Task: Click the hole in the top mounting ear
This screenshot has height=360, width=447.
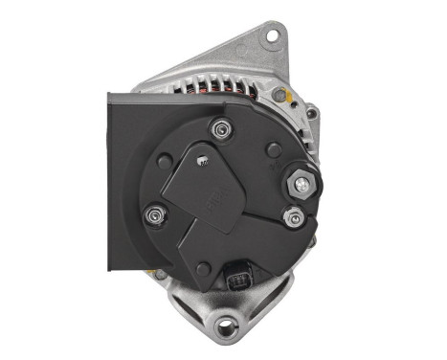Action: pos(272,35)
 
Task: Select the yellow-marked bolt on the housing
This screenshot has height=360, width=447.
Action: pos(282,97)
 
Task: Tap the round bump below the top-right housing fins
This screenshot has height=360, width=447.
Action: pos(275,149)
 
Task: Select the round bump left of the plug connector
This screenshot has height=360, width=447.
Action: pos(196,271)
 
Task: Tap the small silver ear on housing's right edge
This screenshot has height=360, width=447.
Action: pos(311,114)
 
